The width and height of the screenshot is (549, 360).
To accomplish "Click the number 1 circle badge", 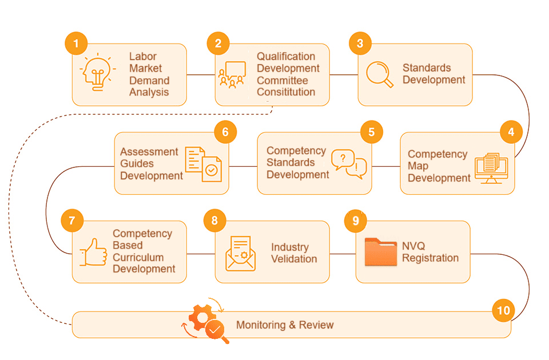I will pyautogui.click(x=76, y=43).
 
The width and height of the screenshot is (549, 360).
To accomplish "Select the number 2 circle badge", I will pyautogui.click(x=218, y=43).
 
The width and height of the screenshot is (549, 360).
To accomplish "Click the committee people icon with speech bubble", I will pyautogui.click(x=232, y=74).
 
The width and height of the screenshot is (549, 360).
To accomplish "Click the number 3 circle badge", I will pyautogui.click(x=360, y=43).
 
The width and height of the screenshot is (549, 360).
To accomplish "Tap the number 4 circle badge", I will pyautogui.click(x=511, y=132).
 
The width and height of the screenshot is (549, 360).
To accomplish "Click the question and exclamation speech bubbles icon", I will pyautogui.click(x=349, y=164).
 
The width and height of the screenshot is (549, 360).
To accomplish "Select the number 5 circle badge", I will pyautogui.click(x=371, y=132).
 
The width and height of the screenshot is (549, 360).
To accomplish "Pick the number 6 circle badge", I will pyautogui.click(x=225, y=132).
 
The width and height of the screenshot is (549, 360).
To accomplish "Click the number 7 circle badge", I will pyautogui.click(x=72, y=221).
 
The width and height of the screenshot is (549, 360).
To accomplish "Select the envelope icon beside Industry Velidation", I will pyautogui.click(x=240, y=253).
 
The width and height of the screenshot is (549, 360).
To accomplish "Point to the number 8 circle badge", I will pyautogui.click(x=214, y=221).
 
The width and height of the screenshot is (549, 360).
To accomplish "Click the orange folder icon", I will pyautogui.click(x=380, y=252).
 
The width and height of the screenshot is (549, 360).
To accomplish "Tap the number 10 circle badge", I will pyautogui.click(x=503, y=311).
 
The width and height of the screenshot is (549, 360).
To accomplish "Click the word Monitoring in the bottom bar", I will pyautogui.click(x=261, y=325).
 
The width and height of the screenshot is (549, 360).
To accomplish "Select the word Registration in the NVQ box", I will pyautogui.click(x=430, y=258).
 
